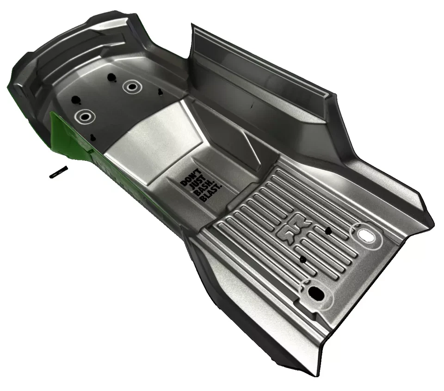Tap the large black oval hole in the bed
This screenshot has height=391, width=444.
(316, 292)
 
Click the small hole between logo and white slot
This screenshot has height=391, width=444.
(328, 230)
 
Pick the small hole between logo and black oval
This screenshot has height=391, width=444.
(302, 260)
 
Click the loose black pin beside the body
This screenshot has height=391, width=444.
(59, 171)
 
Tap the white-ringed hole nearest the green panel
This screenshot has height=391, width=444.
(85, 116)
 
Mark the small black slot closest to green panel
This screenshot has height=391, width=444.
(93, 137)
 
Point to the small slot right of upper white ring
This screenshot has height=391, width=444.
(160, 92)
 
